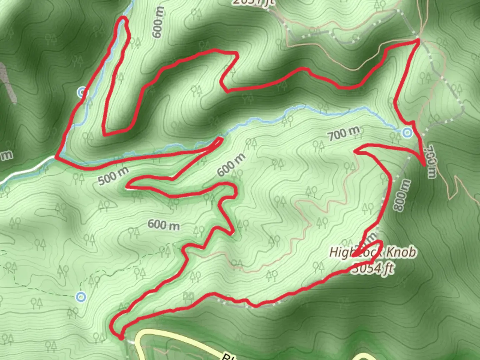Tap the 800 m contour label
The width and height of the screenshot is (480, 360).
click(402, 195)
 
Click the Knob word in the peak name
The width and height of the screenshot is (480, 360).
click(402, 252)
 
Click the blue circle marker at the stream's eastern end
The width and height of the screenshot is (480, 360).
click(407, 133)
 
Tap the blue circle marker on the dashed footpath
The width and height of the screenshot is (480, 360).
click(80, 296)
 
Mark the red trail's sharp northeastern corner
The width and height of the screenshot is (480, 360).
click(418, 40)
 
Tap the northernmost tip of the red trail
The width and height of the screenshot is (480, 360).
click(124, 17)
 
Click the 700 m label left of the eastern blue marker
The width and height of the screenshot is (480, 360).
click(344, 134)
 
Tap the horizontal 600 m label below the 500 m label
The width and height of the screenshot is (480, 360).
click(164, 225)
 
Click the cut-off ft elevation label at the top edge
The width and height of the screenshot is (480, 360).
click(253, 2)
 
